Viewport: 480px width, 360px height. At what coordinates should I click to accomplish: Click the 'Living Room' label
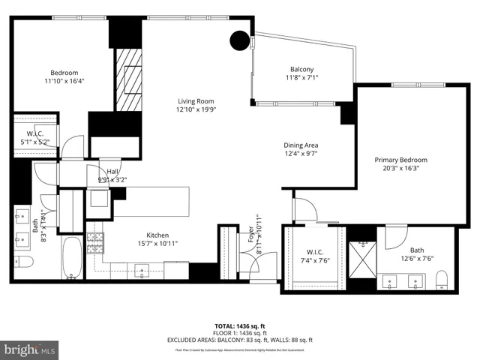(x=196, y=101)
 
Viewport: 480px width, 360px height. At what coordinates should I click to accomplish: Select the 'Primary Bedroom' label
(x=400, y=160)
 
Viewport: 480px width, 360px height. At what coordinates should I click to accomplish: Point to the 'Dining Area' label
(x=301, y=145)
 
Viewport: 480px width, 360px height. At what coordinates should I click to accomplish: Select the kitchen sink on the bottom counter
(x=140, y=269)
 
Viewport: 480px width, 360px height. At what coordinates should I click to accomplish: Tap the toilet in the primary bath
(x=441, y=280)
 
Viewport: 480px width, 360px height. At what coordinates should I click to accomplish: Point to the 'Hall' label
(x=113, y=172)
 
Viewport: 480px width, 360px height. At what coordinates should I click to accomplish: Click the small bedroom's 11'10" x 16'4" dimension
(x=61, y=81)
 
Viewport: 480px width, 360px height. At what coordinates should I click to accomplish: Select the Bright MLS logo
(x=30, y=349)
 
